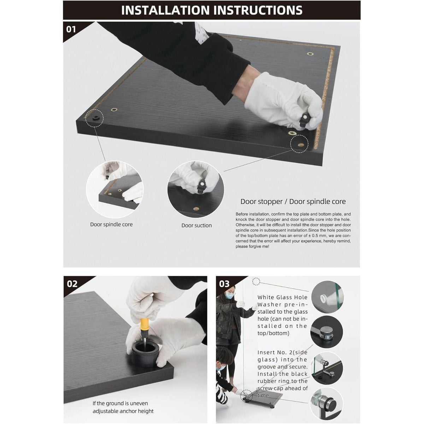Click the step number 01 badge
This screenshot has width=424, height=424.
(x=71, y=29)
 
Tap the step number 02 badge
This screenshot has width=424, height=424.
(x=72, y=284)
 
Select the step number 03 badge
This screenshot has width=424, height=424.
(x=224, y=284)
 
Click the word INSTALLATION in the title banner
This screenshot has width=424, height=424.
(x=165, y=10)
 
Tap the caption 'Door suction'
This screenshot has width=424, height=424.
(x=196, y=225)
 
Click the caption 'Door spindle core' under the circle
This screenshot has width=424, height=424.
(x=111, y=224)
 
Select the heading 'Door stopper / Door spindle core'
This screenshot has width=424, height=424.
(x=293, y=201)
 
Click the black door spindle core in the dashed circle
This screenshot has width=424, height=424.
(x=96, y=118)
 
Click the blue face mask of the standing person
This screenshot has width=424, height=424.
(x=229, y=295)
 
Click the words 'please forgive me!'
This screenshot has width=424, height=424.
(x=252, y=246)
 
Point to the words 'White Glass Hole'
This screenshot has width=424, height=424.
(x=283, y=297)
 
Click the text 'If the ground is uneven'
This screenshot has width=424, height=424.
(x=120, y=403)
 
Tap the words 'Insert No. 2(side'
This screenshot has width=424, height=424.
(x=283, y=352)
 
